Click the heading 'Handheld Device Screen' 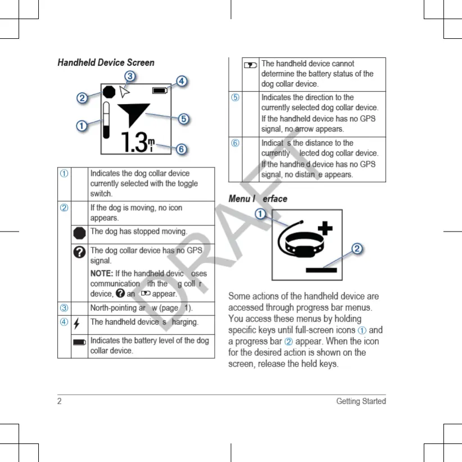[106, 62]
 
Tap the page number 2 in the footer [60, 401]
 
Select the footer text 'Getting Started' [361, 401]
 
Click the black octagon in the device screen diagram [109, 91]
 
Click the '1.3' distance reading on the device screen [135, 143]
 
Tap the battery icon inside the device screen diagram [160, 90]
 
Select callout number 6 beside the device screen [181, 149]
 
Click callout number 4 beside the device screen [182, 81]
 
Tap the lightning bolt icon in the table [77, 323]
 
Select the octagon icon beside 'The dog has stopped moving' [79, 232]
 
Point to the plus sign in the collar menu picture [326, 228]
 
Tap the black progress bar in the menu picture [321, 270]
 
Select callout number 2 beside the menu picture [356, 249]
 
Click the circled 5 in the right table [235, 97]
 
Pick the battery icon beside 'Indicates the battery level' [79, 341]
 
